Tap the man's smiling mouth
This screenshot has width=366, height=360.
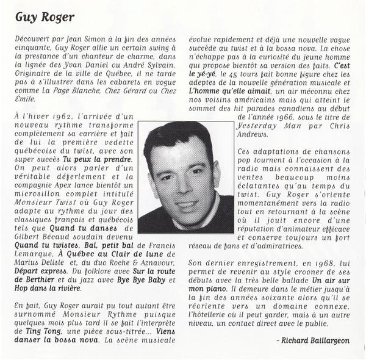(x=186, y=204)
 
